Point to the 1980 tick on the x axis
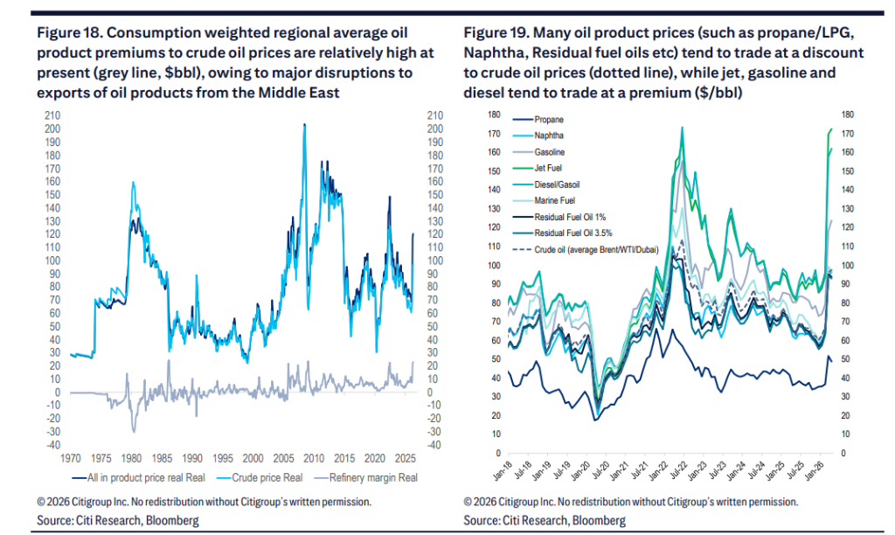(x=132, y=457)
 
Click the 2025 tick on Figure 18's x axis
(x=403, y=457)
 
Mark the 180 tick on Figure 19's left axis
(x=494, y=115)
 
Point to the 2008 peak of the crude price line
(x=304, y=125)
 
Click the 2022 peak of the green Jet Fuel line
(x=681, y=129)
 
